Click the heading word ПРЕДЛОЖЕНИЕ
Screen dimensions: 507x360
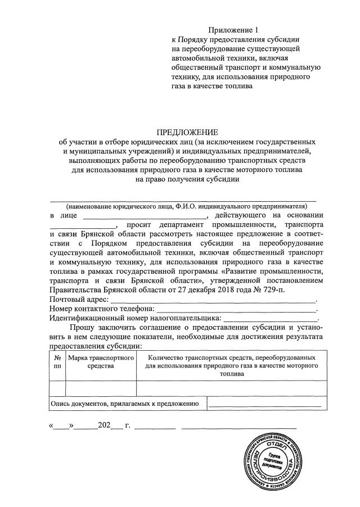[179, 132]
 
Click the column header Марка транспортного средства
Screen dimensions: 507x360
[101, 361]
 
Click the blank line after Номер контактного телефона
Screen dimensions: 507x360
[236, 309]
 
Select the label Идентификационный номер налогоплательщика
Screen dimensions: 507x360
[132, 319]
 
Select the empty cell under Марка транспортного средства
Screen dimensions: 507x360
[101, 388]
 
